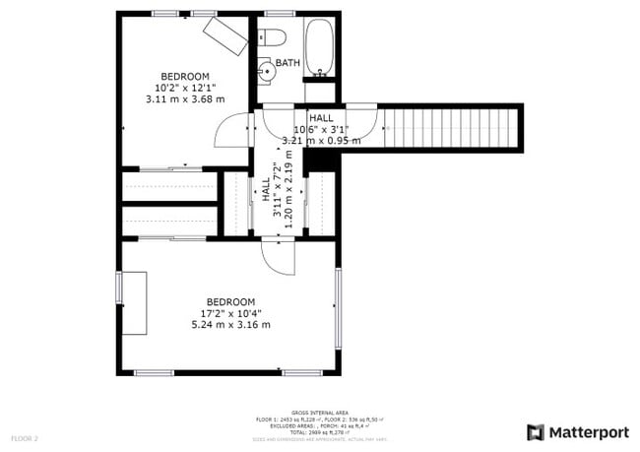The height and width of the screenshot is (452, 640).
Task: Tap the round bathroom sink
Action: [x=266, y=71]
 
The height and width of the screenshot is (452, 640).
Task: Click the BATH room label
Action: [x=288, y=63]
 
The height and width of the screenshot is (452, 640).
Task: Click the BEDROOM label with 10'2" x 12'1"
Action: [x=185, y=77]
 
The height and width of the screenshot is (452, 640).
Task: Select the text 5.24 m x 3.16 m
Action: [x=229, y=325]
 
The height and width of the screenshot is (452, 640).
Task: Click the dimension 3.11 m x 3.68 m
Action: [x=185, y=99]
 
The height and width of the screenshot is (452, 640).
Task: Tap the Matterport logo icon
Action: [x=536, y=431]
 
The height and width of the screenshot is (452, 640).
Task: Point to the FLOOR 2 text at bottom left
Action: [x=25, y=437]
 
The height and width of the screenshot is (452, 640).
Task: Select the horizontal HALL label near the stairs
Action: [x=320, y=117]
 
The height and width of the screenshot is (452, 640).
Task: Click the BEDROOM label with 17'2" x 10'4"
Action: [x=229, y=302]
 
